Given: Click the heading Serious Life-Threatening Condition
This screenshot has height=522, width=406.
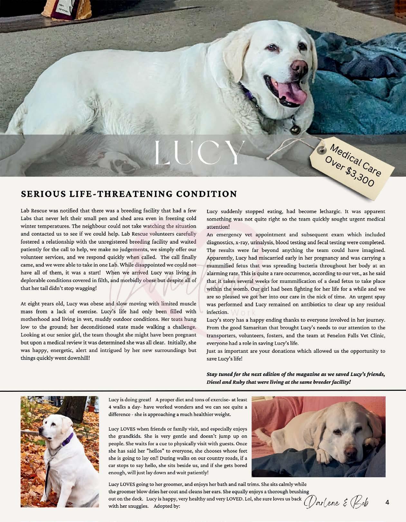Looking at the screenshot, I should (x=129, y=194).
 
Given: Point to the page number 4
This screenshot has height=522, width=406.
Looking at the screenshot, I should (x=387, y=502).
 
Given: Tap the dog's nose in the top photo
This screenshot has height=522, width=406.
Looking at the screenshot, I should (x=298, y=66).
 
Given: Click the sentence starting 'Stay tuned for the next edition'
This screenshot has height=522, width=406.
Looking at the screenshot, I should (x=296, y=374).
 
